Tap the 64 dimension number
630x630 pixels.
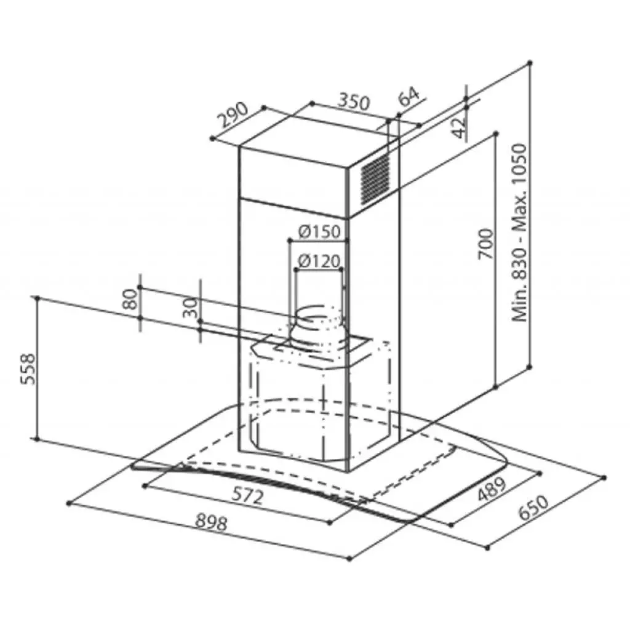click(x=409, y=97)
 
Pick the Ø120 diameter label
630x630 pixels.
click(x=318, y=261)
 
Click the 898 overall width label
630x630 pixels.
click(x=211, y=523)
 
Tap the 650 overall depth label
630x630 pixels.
click(x=532, y=509)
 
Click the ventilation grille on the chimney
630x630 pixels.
click(x=374, y=178)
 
